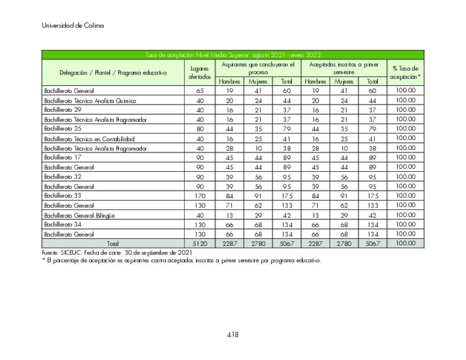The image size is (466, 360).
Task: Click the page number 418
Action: (x=232, y=335)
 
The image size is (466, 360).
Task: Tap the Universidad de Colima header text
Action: (x=73, y=26)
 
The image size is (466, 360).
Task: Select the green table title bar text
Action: (x=233, y=55)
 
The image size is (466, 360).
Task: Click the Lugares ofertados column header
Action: (x=199, y=73)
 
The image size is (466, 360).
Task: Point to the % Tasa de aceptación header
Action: (x=405, y=73)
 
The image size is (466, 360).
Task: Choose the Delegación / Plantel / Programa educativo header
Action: (x=113, y=73)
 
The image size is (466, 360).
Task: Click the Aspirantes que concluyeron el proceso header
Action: (x=257, y=68)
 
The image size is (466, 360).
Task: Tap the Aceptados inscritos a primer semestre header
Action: (x=344, y=68)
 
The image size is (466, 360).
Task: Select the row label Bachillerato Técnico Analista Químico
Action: (x=90, y=100)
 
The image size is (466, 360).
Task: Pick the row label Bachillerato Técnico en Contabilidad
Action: (x=90, y=138)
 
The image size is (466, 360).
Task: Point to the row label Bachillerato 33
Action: (x=63, y=195)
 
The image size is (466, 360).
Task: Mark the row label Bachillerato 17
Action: (x=63, y=158)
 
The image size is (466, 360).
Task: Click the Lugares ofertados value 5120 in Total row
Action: (x=199, y=244)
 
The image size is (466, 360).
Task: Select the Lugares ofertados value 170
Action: (x=199, y=196)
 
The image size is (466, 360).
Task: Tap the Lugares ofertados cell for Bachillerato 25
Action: (x=199, y=129)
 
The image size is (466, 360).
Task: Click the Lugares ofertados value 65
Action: (x=199, y=91)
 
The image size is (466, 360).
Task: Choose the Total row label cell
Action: (x=113, y=244)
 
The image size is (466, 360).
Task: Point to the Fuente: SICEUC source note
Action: (x=116, y=252)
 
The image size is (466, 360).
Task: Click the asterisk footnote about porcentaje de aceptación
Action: (x=181, y=260)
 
